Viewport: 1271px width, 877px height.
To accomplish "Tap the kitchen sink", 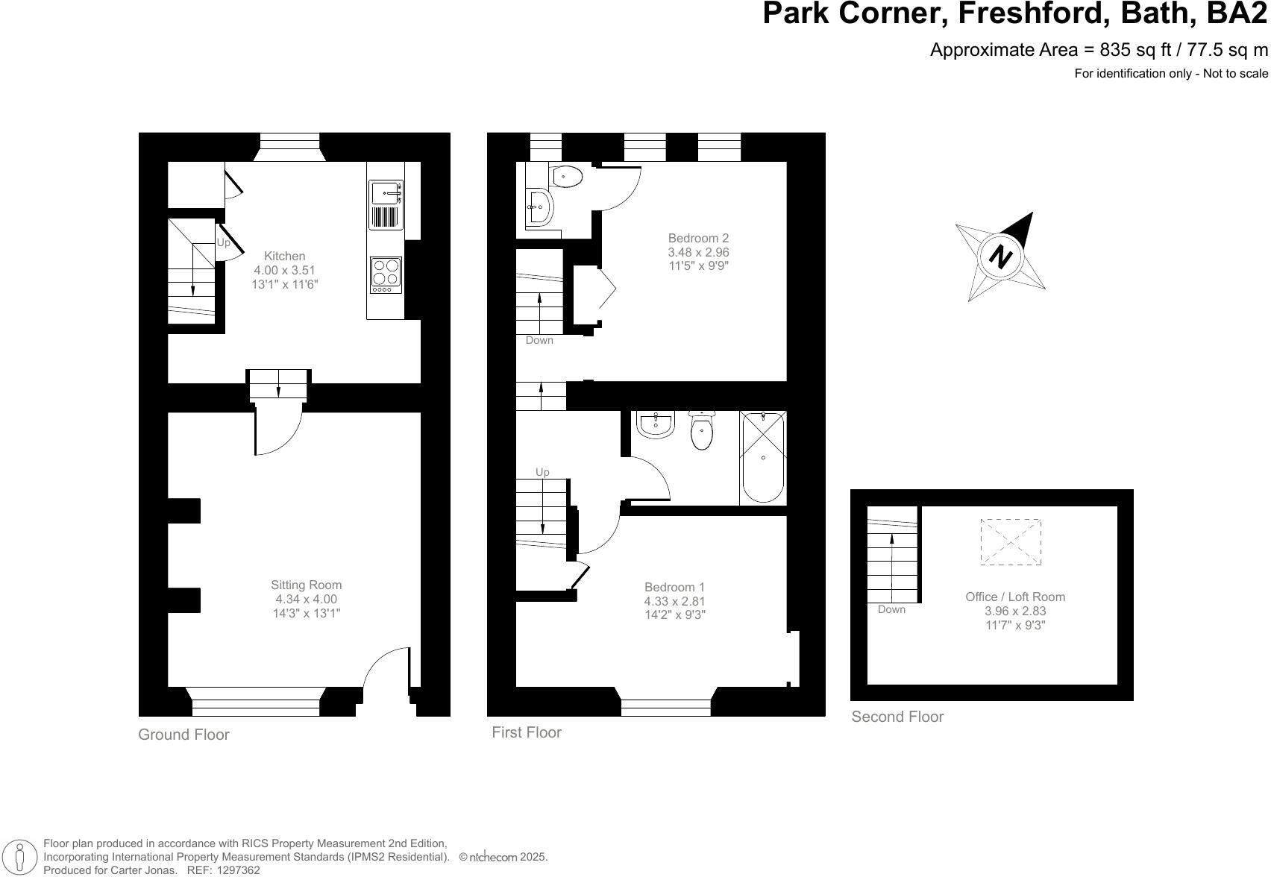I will [x=386, y=195].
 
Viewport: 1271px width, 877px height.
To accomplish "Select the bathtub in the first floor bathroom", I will [x=762, y=458].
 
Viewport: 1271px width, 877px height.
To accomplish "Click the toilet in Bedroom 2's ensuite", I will [x=568, y=177].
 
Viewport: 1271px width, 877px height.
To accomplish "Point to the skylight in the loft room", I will [x=1010, y=542].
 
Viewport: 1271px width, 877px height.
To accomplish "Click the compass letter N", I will [x=1000, y=257].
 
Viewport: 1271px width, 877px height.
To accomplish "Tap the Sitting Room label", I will [x=306, y=585].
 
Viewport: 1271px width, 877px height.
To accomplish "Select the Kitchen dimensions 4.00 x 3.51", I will [x=285, y=270].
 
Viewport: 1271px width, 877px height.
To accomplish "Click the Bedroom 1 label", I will [x=674, y=587].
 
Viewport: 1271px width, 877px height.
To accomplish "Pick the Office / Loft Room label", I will [x=1015, y=597].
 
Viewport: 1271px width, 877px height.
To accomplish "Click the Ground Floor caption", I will [x=183, y=735].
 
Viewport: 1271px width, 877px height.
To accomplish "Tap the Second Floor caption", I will [x=897, y=717].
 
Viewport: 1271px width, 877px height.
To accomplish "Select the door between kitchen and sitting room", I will [x=277, y=433].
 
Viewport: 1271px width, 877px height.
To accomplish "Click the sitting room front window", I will [x=255, y=702].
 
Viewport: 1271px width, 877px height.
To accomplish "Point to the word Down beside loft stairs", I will [x=891, y=609].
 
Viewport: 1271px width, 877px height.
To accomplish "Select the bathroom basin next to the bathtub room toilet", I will [x=656, y=424].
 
